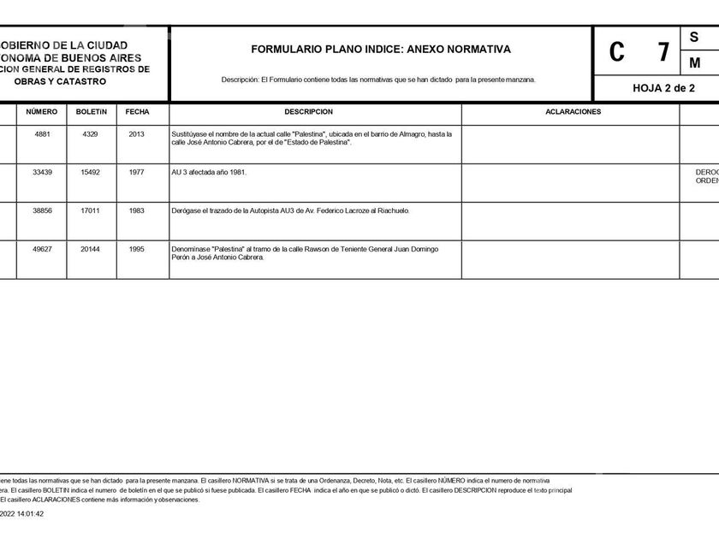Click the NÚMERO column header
click(41, 112)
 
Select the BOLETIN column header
click(92, 112)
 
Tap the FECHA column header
click(137, 112)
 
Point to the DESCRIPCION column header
click(308, 112)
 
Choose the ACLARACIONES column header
click(573, 112)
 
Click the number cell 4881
click(42, 134)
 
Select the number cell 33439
click(42, 172)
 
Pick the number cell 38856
click(42, 210)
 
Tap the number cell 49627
click(42, 249)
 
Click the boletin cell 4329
click(91, 134)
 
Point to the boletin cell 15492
click(91, 172)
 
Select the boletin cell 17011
click(91, 210)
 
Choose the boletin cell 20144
click(91, 249)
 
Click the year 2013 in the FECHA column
click(137, 134)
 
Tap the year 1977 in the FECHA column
click(137, 172)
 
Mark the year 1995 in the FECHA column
click(137, 249)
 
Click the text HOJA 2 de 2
click(663, 88)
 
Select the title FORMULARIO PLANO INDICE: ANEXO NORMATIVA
click(381, 50)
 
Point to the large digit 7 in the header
click(663, 52)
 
